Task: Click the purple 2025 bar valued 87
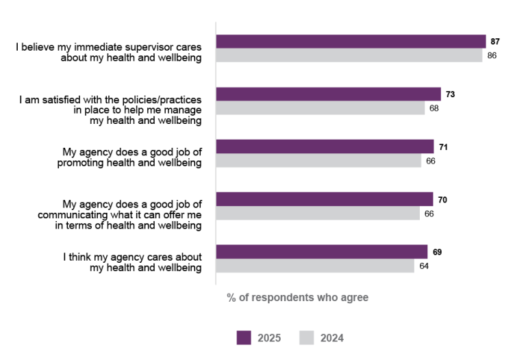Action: point(351,42)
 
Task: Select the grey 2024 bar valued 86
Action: point(349,55)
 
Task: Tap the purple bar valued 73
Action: point(328,94)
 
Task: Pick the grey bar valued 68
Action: point(321,108)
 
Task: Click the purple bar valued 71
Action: point(325,146)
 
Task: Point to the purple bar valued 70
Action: point(324,199)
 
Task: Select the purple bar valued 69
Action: point(322,252)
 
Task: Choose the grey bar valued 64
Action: point(314,266)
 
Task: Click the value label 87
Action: point(495,42)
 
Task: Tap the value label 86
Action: point(492,55)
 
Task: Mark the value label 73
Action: point(450,94)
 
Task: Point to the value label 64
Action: point(424,266)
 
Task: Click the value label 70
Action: point(442,199)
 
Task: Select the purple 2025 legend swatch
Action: point(245,337)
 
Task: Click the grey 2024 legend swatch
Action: point(308,337)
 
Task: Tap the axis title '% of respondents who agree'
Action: point(297,298)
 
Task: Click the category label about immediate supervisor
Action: point(110,53)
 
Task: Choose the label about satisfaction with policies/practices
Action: point(110,110)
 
